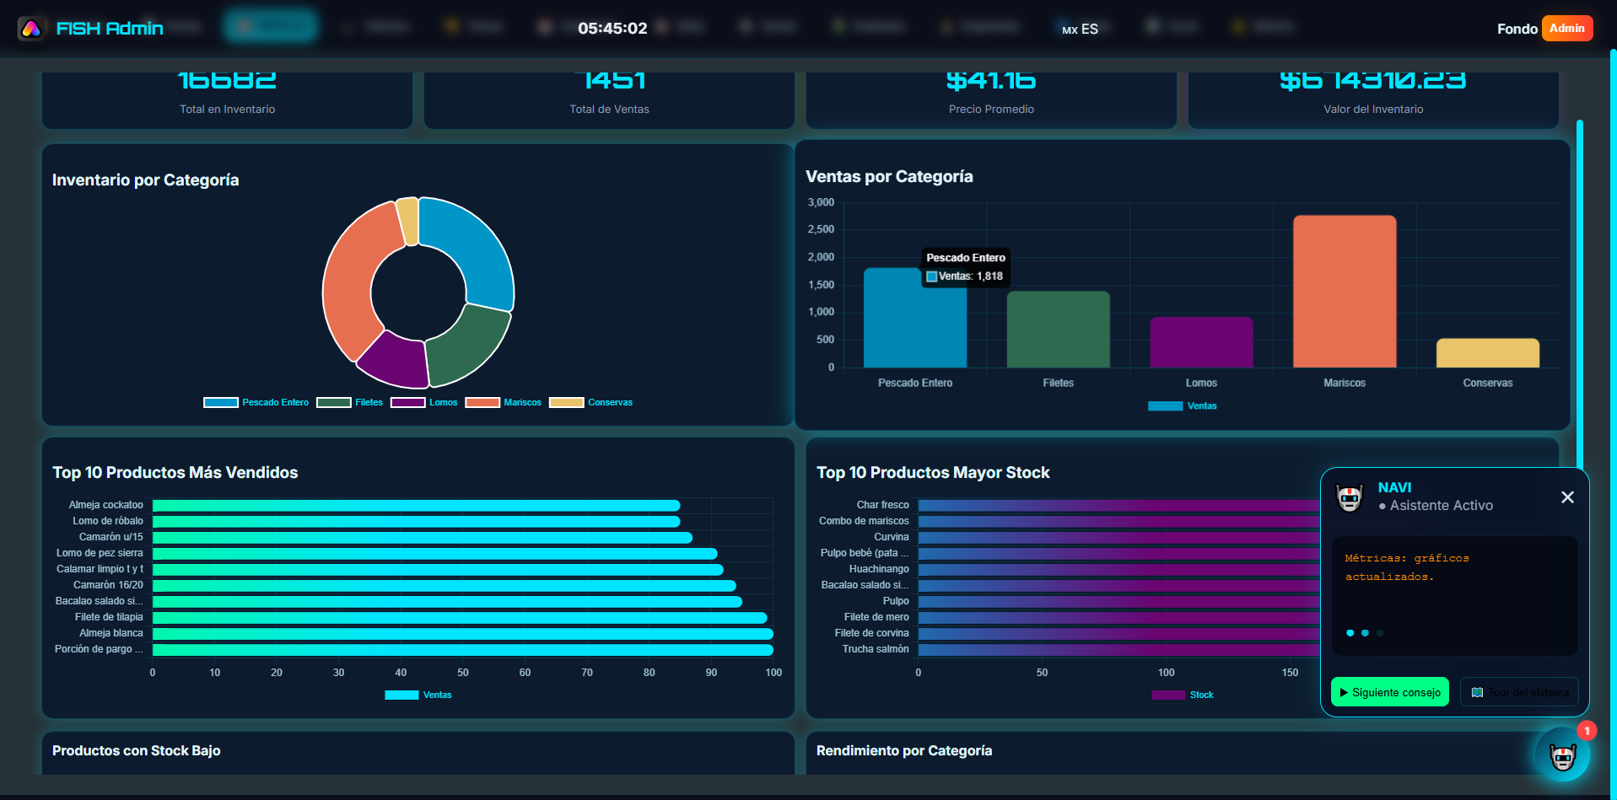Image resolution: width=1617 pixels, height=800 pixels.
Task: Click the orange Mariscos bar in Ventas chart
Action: pyautogui.click(x=1344, y=291)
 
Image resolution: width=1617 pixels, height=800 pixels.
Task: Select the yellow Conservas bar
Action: pyautogui.click(x=1487, y=353)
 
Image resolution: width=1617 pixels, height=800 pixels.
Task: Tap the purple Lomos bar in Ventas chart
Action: pyautogui.click(x=1201, y=342)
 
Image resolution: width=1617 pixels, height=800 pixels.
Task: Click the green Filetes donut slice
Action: pyautogui.click(x=467, y=344)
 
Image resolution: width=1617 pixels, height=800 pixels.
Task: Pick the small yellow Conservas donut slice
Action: pyautogui.click(x=408, y=221)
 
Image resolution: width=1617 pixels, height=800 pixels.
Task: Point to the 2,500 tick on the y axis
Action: pyautogui.click(x=821, y=229)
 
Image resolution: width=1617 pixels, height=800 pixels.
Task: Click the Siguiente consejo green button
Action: pyautogui.click(x=1388, y=692)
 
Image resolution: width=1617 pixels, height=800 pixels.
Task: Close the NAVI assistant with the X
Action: pyautogui.click(x=1566, y=497)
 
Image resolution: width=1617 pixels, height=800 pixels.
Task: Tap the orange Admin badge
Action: pyautogui.click(x=1566, y=29)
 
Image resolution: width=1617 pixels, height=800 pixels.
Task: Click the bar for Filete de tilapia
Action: pyautogui.click(x=460, y=617)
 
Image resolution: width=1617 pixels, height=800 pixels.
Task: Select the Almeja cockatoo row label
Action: pyautogui.click(x=106, y=505)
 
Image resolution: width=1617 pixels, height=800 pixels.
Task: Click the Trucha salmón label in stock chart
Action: pyautogui.click(x=876, y=649)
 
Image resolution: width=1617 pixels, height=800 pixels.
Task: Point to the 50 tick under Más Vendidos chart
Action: pyautogui.click(x=463, y=673)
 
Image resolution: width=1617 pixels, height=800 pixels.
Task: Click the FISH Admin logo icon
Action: pyautogui.click(x=31, y=29)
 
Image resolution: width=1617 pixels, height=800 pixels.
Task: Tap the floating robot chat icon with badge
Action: pyautogui.click(x=1562, y=755)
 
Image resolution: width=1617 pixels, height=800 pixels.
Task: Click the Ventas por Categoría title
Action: pyautogui.click(x=889, y=177)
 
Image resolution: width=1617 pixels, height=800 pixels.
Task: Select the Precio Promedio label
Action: pyautogui.click(x=990, y=110)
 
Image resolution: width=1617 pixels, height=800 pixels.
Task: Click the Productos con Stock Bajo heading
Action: pyautogui.click(x=137, y=751)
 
